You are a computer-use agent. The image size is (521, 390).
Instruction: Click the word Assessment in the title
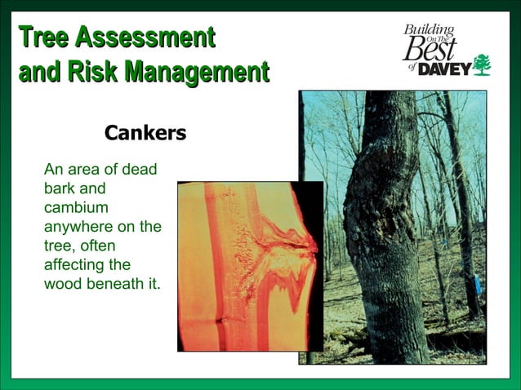click(x=145, y=38)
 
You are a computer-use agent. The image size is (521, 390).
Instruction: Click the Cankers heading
click(x=145, y=132)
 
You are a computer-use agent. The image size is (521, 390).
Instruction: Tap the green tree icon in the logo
click(x=482, y=64)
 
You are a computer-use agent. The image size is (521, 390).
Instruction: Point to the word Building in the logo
click(x=429, y=30)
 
